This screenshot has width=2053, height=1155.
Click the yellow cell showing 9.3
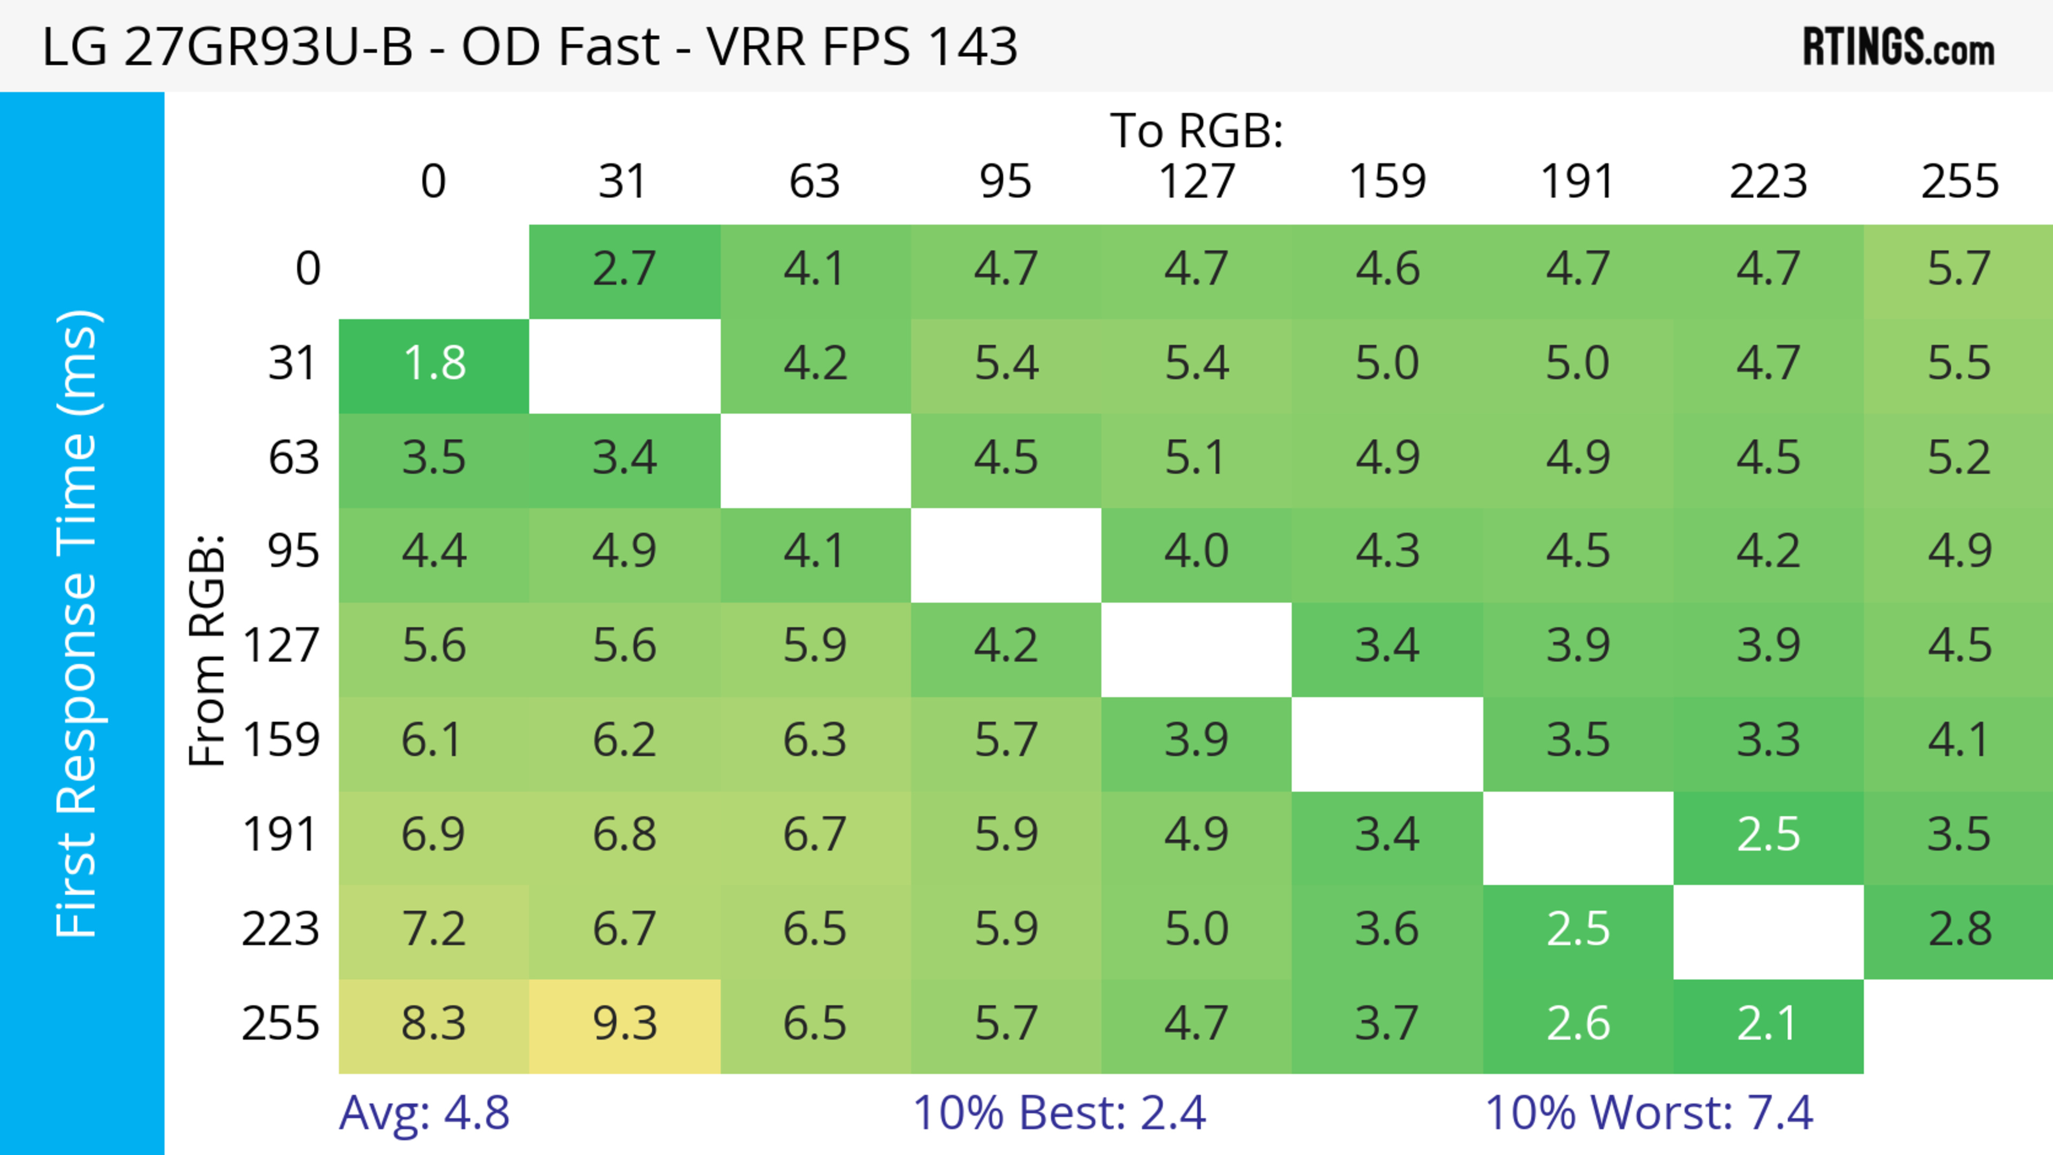tap(625, 1025)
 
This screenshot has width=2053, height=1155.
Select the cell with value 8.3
tap(434, 1025)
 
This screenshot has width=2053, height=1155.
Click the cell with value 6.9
tap(434, 835)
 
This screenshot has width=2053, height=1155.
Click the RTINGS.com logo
tap(1898, 48)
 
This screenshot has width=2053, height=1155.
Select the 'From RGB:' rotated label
tap(207, 650)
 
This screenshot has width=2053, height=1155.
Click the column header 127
tap(1197, 182)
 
